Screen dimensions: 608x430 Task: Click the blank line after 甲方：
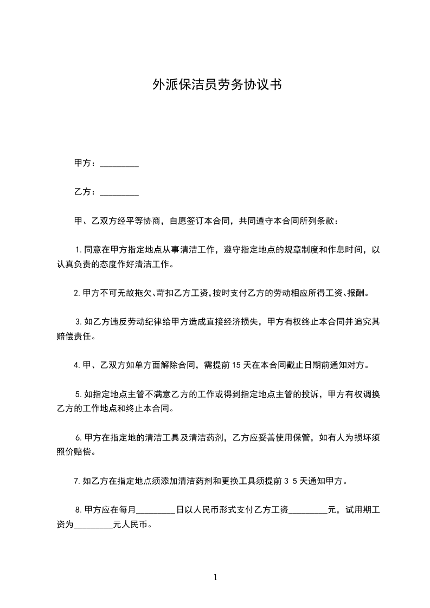pyautogui.click(x=119, y=164)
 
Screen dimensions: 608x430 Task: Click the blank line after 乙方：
pyautogui.click(x=119, y=192)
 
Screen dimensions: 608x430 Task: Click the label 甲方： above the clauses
pyautogui.click(x=86, y=163)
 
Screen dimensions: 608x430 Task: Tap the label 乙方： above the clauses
pyautogui.click(x=86, y=192)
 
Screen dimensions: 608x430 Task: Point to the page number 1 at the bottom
pyautogui.click(x=215, y=577)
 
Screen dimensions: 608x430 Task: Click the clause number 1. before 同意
pyautogui.click(x=79, y=250)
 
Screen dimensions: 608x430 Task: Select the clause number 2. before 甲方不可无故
pyautogui.click(x=77, y=293)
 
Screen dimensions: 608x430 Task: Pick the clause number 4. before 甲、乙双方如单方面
pyautogui.click(x=77, y=365)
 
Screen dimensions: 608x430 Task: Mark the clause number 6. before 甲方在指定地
pyautogui.click(x=79, y=437)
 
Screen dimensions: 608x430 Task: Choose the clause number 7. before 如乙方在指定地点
pyautogui.click(x=77, y=481)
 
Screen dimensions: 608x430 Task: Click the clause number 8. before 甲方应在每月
pyautogui.click(x=79, y=509)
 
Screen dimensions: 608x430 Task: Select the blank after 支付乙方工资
pyautogui.click(x=309, y=510)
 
